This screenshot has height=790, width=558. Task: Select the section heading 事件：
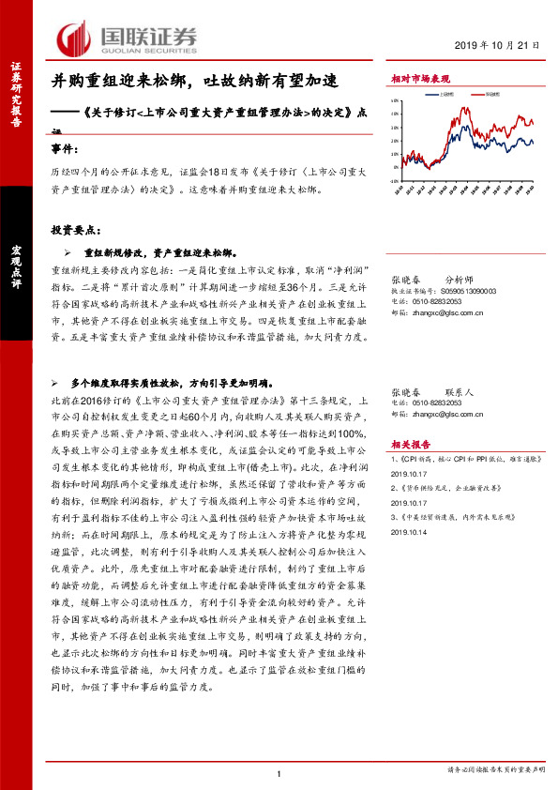[x=65, y=148]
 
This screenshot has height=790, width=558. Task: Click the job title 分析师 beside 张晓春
[x=459, y=280]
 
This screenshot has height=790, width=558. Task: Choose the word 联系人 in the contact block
[x=459, y=391]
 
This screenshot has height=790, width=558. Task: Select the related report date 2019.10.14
[x=409, y=531]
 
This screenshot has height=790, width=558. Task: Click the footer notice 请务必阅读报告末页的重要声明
[x=495, y=770]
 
